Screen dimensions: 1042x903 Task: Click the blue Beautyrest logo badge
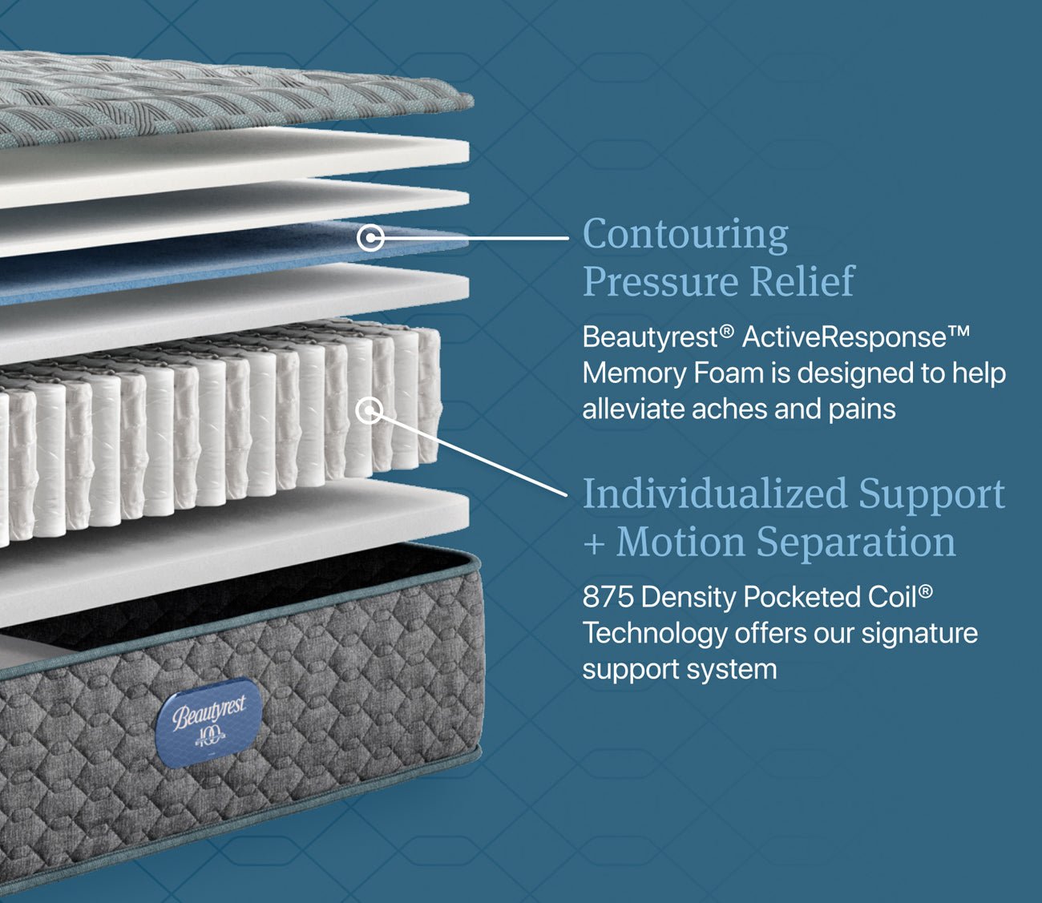209,723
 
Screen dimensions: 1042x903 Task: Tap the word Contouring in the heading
685,236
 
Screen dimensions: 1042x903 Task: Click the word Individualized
714,494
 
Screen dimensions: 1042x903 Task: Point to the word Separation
856,542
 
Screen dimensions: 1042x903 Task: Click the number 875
608,597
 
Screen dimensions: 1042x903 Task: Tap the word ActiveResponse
845,337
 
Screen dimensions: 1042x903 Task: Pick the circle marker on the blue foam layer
370,237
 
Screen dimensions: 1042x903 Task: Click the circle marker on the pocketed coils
370,410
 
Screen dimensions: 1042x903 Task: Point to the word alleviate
633,409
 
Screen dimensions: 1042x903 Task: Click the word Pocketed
802,597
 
